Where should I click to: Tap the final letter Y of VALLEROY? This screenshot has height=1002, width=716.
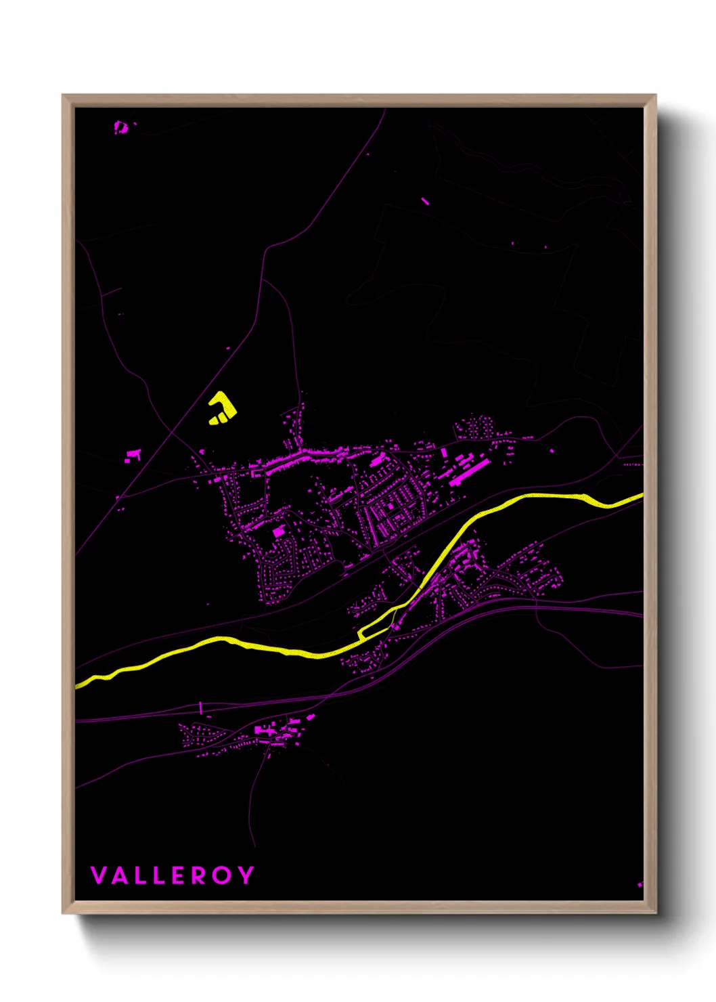point(246,875)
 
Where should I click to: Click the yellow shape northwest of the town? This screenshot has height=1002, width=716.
point(221,409)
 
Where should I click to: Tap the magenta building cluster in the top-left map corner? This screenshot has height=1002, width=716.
point(120,127)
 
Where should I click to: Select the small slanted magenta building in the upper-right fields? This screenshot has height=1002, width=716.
point(425,200)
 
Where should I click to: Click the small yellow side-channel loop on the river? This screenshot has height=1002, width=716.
point(374,628)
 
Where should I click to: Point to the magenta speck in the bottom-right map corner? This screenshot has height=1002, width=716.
point(640,884)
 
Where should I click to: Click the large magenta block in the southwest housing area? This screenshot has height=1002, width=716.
point(278,532)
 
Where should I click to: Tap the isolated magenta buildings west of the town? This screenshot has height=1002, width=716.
point(133,456)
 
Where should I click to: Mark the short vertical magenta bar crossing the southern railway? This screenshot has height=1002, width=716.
point(201,707)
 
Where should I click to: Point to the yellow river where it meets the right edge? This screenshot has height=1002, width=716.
point(639,498)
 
